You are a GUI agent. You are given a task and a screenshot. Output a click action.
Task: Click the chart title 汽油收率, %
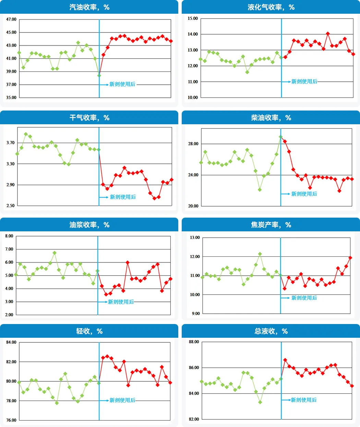[x=89, y=7]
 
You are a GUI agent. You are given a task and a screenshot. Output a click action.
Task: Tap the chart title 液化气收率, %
[x=271, y=7]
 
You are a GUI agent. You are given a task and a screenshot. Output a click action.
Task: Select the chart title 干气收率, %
[x=89, y=118]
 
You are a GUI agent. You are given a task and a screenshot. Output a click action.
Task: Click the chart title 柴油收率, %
[x=271, y=118]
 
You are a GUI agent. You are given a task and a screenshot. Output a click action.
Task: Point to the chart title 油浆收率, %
[x=89, y=225]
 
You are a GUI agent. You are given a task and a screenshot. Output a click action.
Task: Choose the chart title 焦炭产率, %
[x=271, y=225]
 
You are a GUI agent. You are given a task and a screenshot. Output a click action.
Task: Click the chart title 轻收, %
[x=89, y=331]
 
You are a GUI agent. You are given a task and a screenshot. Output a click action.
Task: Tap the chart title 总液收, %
[x=271, y=331]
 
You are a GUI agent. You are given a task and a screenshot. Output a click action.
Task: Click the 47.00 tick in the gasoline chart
[x=11, y=19]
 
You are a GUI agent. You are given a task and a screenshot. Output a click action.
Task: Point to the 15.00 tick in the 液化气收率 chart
[x=193, y=19]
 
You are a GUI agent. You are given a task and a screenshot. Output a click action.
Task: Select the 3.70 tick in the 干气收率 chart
[x=11, y=143]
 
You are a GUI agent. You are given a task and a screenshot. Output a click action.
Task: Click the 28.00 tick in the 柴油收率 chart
[x=193, y=144]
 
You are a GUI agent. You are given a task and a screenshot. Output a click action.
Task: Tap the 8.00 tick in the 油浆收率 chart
[x=9, y=236]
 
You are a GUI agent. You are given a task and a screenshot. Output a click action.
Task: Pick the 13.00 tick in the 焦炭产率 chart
[x=195, y=238]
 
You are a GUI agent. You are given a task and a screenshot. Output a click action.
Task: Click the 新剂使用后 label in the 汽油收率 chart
[x=122, y=84]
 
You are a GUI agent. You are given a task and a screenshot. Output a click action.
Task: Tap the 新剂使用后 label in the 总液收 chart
[x=303, y=400]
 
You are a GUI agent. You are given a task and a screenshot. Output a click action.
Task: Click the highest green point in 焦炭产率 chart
[x=260, y=254]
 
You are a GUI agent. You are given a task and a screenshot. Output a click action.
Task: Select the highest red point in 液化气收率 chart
[x=328, y=34]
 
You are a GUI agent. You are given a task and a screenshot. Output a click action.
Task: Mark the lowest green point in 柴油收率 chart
[x=260, y=190]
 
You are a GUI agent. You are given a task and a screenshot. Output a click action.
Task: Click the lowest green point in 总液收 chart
[x=260, y=402]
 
